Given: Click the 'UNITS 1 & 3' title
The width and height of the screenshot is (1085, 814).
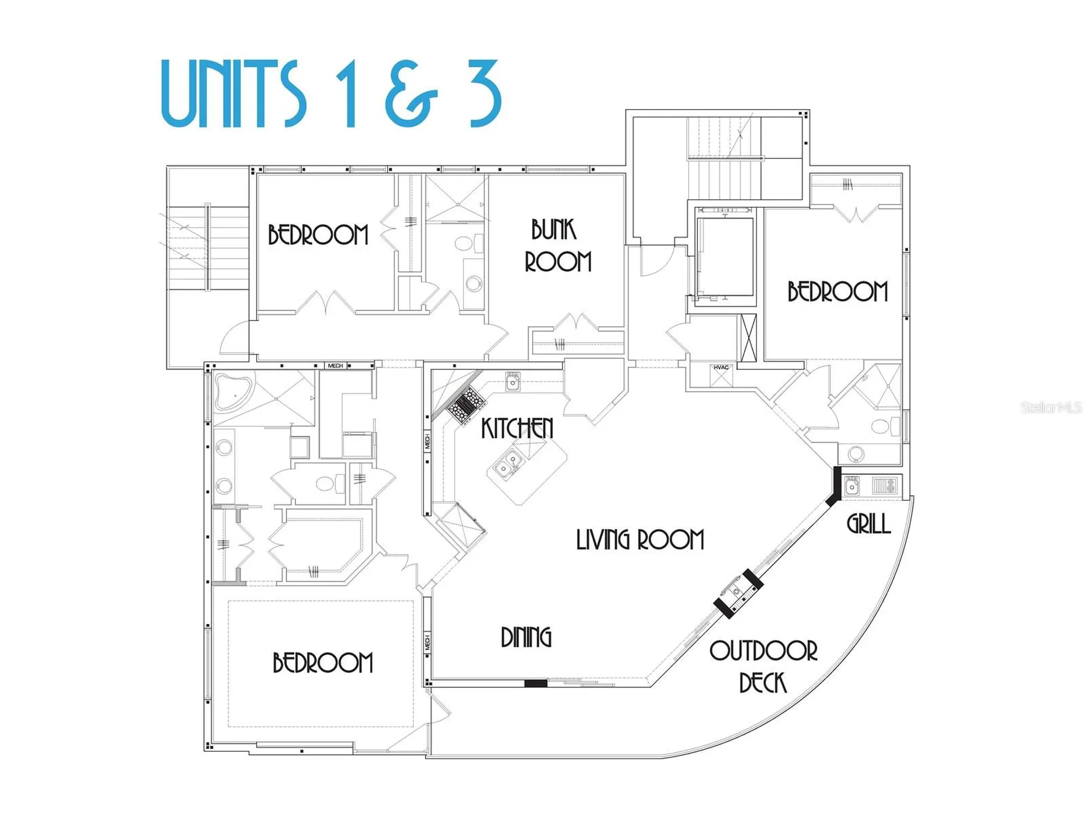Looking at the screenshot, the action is pyautogui.click(x=331, y=93).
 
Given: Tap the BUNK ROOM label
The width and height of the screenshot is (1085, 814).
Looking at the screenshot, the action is pyautogui.click(x=558, y=246).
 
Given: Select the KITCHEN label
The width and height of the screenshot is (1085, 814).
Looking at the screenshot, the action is pyautogui.click(x=517, y=428).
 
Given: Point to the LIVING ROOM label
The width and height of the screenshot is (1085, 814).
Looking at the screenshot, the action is pyautogui.click(x=640, y=540).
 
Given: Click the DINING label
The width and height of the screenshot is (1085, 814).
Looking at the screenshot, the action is pyautogui.click(x=526, y=637).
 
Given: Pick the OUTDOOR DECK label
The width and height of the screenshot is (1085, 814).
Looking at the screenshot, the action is pyautogui.click(x=763, y=666).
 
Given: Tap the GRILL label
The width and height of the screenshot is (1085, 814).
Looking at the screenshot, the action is pyautogui.click(x=869, y=524).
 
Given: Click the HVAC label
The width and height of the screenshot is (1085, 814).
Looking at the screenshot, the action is pyautogui.click(x=721, y=367).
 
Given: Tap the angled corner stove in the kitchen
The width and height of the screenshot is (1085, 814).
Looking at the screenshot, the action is pyautogui.click(x=466, y=404).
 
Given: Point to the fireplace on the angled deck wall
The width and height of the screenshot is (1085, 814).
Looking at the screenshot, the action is pyautogui.click(x=738, y=594).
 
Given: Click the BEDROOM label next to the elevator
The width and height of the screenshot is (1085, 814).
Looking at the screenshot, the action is pyautogui.click(x=837, y=292).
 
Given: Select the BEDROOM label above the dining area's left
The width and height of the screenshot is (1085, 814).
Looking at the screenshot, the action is pyautogui.click(x=323, y=663).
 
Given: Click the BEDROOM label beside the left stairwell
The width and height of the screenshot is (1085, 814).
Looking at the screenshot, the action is pyautogui.click(x=318, y=235).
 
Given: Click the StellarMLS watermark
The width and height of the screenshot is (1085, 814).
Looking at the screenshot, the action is pyautogui.click(x=1051, y=407).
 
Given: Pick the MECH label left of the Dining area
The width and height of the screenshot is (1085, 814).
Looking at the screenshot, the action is pyautogui.click(x=427, y=643).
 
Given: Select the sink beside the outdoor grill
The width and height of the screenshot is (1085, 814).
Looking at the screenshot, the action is pyautogui.click(x=852, y=486).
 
